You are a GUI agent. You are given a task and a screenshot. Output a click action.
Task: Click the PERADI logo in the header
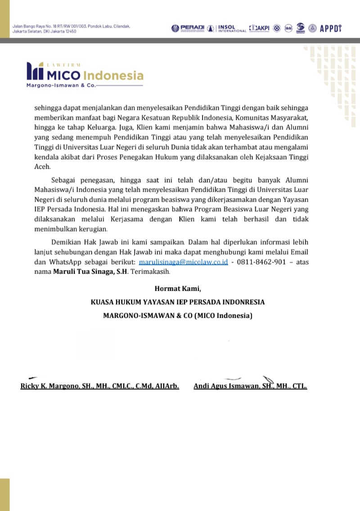(x=187, y=28)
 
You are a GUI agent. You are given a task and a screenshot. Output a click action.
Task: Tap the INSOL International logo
(x=231, y=28)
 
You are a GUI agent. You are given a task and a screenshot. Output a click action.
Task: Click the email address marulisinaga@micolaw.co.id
(x=183, y=262)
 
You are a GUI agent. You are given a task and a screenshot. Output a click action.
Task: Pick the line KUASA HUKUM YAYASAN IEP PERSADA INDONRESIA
(x=178, y=302)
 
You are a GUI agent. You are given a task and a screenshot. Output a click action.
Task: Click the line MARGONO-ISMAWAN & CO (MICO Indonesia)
(x=178, y=316)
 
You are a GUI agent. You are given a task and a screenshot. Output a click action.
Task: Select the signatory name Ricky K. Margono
(x=100, y=386)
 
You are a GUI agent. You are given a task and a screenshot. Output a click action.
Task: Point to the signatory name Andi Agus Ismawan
(x=250, y=386)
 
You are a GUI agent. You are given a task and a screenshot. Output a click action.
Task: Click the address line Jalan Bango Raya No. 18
(x=71, y=26)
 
